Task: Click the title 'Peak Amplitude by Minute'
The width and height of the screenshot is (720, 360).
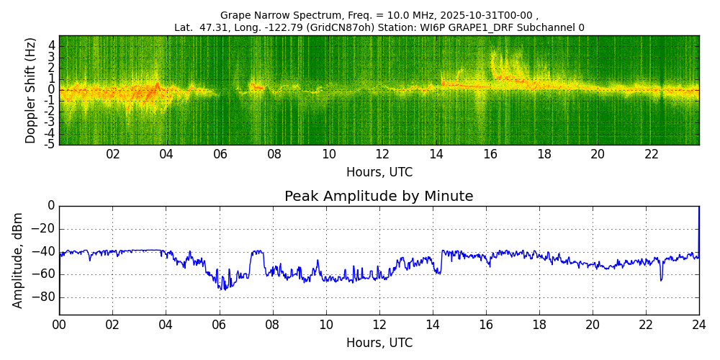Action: click(379, 197)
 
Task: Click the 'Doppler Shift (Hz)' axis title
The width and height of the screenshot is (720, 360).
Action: click(31, 91)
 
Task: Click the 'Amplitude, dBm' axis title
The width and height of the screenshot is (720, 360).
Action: click(19, 260)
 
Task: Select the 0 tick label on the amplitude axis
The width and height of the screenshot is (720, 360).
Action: click(51, 206)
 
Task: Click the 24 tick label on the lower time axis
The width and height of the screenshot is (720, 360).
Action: click(699, 325)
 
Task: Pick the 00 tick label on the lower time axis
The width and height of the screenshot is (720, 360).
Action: click(59, 325)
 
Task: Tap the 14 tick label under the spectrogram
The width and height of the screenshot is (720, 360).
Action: click(436, 155)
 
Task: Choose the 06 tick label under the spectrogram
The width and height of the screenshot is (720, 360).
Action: click(220, 155)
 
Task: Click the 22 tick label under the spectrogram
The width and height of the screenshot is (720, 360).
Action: click(652, 155)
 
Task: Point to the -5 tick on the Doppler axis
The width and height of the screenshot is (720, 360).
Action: click(50, 144)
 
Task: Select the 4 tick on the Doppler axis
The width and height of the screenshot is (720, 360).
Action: click(52, 45)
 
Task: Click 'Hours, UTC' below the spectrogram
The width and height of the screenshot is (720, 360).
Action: click(379, 173)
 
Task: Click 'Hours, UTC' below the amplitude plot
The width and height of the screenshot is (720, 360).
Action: click(379, 343)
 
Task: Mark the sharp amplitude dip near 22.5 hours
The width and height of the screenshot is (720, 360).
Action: click(661, 279)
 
